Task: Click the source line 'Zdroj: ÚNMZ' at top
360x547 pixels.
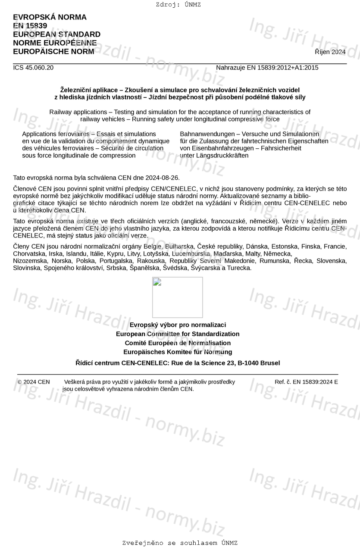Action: [178, 5]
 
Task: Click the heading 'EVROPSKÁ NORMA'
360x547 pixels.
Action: [50, 17]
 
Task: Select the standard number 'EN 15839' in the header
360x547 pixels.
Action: [30, 26]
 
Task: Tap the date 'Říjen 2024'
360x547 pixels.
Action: [330, 52]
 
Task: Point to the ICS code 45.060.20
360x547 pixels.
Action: [39, 68]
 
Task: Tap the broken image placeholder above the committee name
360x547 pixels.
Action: [177, 297]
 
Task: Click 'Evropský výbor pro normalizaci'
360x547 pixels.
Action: [178, 325]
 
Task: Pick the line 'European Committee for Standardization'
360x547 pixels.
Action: [178, 334]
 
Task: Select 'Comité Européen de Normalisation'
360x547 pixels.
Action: [178, 343]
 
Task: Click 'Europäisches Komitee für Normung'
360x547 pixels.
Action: [178, 352]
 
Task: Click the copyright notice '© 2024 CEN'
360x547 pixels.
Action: [34, 382]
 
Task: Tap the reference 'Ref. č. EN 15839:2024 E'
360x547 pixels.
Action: [306, 382]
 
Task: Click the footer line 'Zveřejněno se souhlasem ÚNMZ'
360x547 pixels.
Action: [180, 543]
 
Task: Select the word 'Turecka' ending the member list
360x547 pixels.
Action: [238, 268]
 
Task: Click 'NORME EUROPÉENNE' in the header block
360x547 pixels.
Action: [55, 43]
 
